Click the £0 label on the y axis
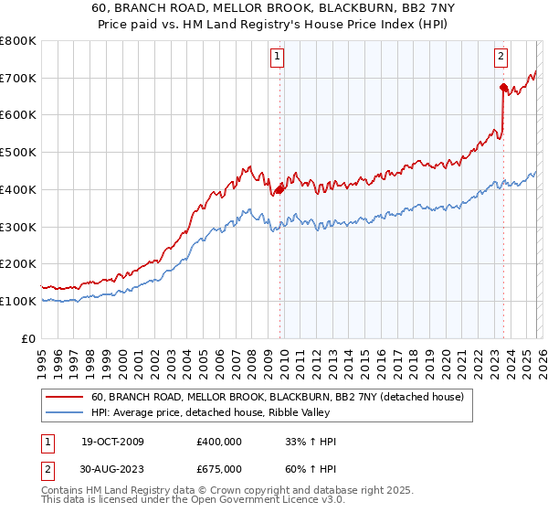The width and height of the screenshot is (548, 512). click(29, 338)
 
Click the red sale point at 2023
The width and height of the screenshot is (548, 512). click(503, 88)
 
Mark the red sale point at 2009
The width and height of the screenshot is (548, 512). click(279, 189)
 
